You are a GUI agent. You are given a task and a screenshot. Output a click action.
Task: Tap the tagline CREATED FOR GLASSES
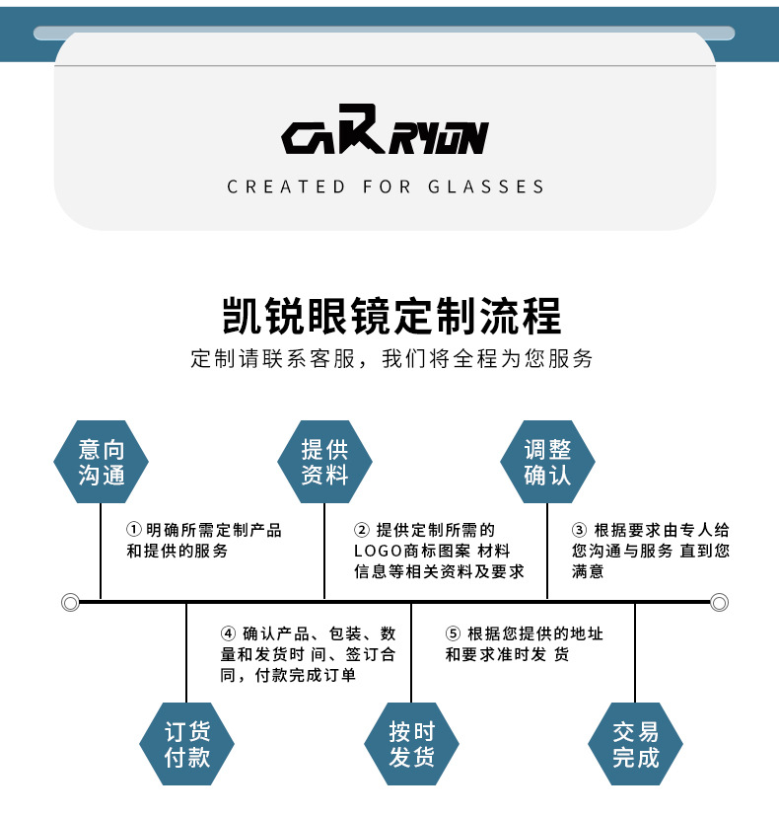tap(386, 186)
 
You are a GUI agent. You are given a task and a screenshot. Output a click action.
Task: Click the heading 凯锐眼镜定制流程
tap(392, 315)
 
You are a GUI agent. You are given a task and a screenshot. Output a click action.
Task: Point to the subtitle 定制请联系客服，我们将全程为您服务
tap(391, 358)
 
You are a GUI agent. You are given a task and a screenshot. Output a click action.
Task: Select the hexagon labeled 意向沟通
tap(102, 462)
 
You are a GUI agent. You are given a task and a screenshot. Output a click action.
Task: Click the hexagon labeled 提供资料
tap(324, 462)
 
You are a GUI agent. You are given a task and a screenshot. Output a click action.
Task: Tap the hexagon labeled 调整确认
tap(547, 462)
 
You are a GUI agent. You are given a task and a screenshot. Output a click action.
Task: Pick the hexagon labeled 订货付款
tap(187, 744)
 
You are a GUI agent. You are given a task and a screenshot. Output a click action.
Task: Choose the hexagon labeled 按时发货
tap(411, 744)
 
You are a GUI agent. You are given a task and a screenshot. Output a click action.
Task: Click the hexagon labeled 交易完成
tap(635, 744)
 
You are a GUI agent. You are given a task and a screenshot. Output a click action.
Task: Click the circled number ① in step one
tap(134, 531)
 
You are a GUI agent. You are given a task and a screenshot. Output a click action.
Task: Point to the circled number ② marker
tap(362, 531)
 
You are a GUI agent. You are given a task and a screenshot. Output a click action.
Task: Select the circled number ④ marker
tap(228, 633)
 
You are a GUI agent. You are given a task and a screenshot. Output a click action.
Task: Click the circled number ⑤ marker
tap(453, 633)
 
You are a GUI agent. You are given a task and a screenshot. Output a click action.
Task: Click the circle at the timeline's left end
tap(70, 602)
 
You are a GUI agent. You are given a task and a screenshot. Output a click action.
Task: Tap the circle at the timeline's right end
tap(719, 602)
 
